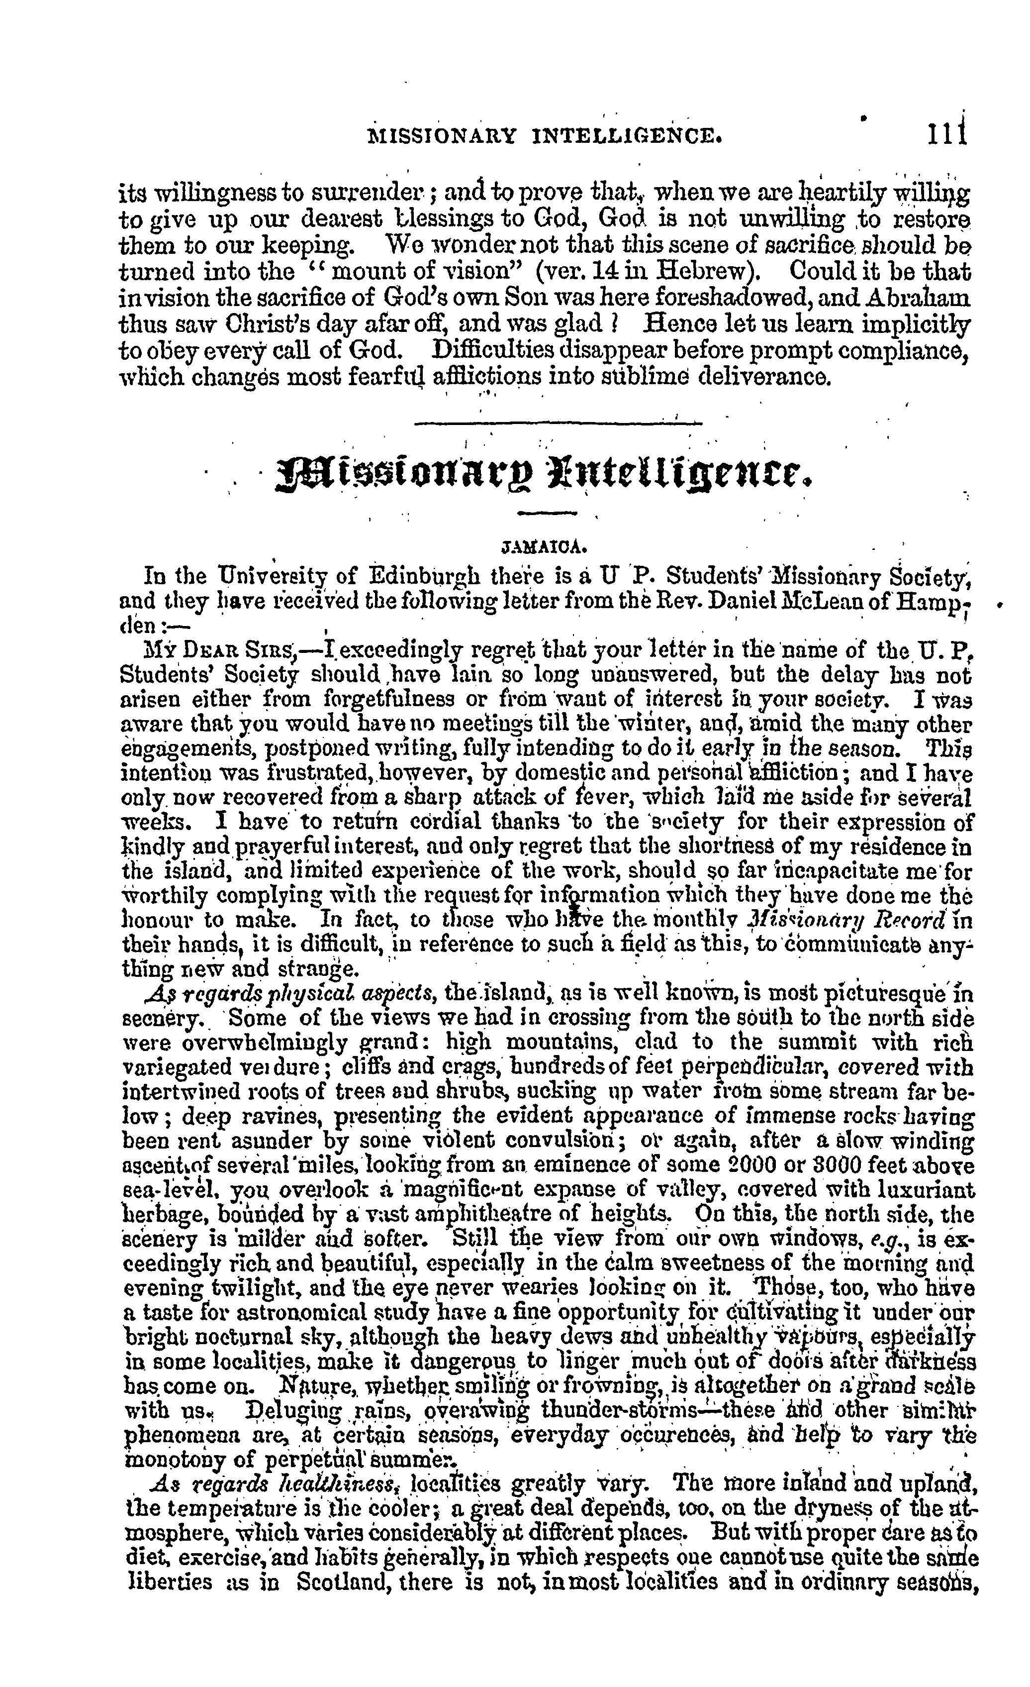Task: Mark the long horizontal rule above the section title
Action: point(559,424)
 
